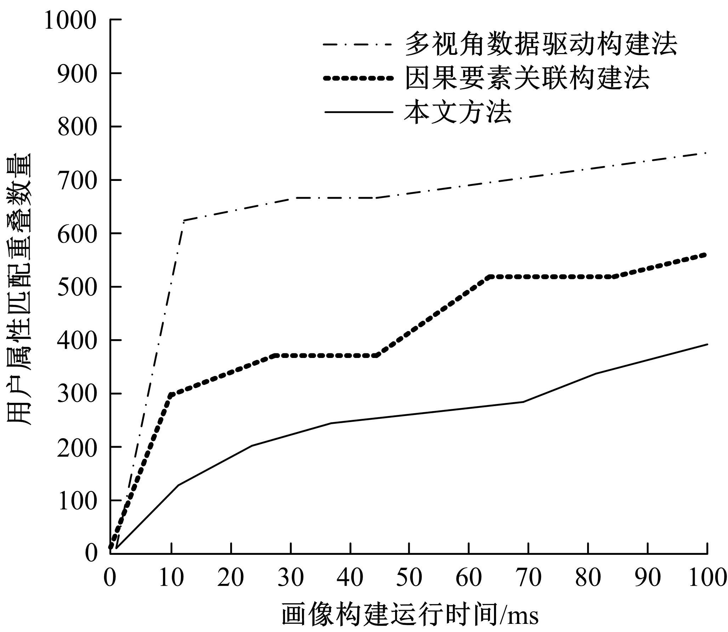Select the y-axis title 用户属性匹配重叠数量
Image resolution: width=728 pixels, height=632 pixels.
click(19, 289)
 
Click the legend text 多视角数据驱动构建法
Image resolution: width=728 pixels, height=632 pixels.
click(541, 45)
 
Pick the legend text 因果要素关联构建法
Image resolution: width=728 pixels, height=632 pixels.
click(527, 78)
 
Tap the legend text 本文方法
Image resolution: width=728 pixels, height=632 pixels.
click(458, 112)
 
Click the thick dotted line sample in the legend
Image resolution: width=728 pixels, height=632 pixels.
click(358, 79)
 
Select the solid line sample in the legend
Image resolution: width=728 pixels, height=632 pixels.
click(358, 112)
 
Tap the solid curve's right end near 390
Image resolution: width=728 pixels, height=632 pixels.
click(707, 344)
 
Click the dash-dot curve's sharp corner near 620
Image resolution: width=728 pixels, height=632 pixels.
click(183, 221)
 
